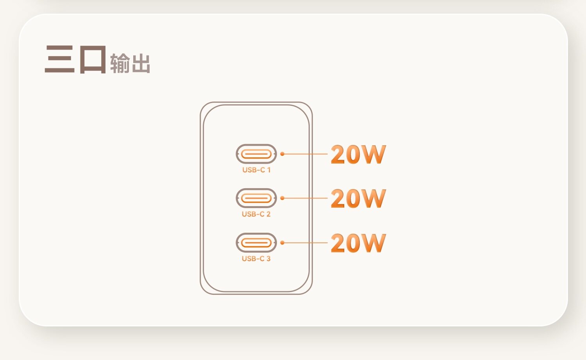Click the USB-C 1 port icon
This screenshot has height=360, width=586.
[x=256, y=154]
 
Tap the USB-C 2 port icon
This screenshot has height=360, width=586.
[x=256, y=198]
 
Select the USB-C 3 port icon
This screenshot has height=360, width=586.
[x=256, y=242]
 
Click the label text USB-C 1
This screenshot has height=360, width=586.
[x=256, y=170]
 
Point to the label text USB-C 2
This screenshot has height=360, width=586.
[x=256, y=214]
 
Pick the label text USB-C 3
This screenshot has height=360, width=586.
[x=256, y=258]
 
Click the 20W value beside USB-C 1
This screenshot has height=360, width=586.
[x=358, y=154]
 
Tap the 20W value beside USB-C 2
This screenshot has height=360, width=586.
[x=358, y=198]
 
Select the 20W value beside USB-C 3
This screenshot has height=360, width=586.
[x=358, y=243]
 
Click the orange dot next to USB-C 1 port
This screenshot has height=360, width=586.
[x=282, y=154]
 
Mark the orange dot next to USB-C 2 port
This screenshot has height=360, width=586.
[x=282, y=198]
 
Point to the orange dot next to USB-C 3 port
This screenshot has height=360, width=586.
[x=282, y=242]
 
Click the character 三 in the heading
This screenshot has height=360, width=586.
[x=60, y=59]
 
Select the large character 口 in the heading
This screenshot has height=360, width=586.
[x=93, y=60]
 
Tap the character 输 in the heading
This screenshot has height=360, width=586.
[x=120, y=63]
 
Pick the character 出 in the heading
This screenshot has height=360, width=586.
[x=141, y=64]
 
